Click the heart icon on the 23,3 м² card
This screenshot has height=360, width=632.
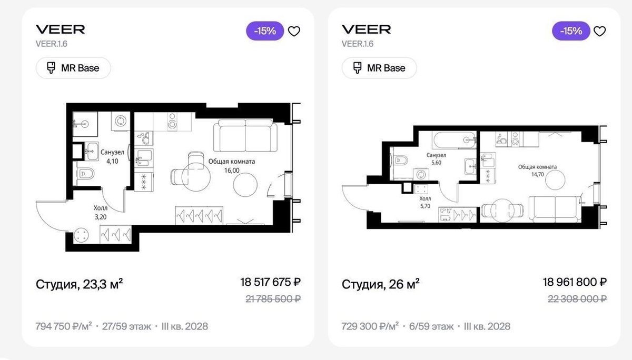(294, 31)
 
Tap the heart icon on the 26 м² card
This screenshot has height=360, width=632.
(600, 31)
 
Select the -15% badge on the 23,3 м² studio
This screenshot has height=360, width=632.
(265, 31)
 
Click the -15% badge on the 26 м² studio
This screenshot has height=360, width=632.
(571, 31)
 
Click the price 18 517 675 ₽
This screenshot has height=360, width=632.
(270, 282)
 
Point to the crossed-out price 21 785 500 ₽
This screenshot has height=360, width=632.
(273, 299)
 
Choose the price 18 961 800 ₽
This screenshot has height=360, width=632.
(575, 282)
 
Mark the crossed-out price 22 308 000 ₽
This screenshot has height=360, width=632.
(577, 299)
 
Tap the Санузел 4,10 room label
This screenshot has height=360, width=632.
(112, 157)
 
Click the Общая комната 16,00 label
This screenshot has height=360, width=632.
(232, 166)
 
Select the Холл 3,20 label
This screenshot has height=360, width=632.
(101, 213)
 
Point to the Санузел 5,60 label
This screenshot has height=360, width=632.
(436, 159)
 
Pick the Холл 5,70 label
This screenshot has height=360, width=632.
(425, 202)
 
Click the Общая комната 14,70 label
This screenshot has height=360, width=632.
(537, 171)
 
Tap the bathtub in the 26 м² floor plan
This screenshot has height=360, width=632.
(454, 140)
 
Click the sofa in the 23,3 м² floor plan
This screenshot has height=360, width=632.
(245, 136)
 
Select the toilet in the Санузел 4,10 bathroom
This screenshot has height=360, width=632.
(85, 174)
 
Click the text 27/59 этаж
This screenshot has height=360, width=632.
(126, 326)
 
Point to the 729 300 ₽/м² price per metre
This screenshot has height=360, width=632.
(370, 326)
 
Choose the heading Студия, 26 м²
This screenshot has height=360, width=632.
(380, 284)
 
